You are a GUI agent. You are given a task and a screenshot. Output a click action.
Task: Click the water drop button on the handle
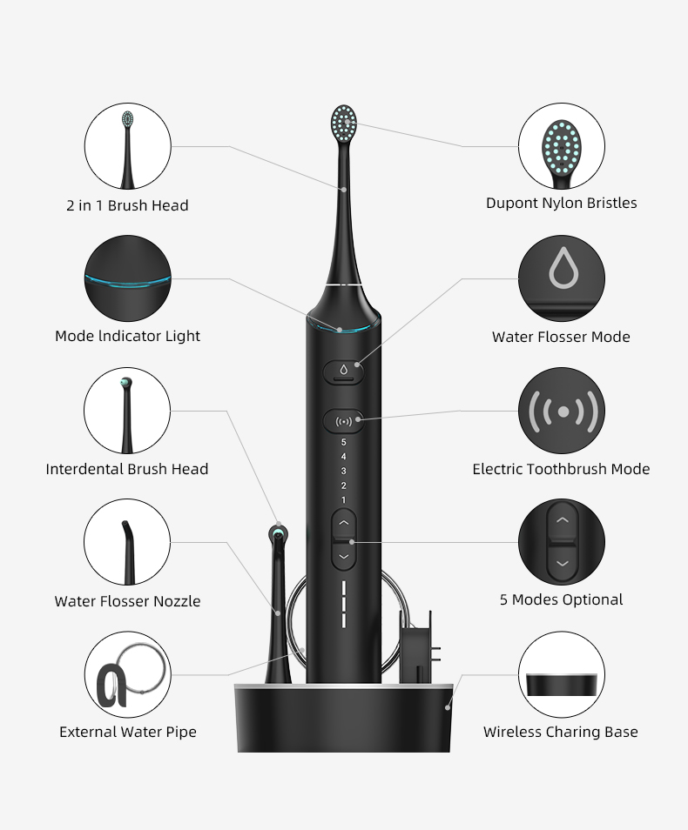pos(343,371)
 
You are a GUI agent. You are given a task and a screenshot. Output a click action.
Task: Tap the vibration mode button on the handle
pos(343,421)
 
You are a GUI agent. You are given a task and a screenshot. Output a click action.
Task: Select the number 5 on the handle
pos(343,442)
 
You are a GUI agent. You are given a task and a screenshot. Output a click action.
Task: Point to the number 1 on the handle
pos(343,499)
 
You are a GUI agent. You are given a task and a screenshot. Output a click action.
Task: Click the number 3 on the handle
pos(343,471)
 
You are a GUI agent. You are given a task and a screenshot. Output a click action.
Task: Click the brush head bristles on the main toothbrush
pos(343,124)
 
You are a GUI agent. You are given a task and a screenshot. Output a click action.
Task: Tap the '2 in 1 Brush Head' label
pos(127,205)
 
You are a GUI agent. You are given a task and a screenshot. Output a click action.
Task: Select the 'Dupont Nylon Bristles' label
pos(562,203)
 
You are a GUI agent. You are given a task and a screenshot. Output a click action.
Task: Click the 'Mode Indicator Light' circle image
pos(128,278)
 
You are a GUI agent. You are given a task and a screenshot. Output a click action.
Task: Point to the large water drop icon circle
pos(562,278)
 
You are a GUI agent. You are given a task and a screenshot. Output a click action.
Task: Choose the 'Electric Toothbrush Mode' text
pos(561,469)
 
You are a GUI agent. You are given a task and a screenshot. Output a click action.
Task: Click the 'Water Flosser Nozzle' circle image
pos(127,542)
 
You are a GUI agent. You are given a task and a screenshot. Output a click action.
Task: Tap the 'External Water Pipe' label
pos(128,732)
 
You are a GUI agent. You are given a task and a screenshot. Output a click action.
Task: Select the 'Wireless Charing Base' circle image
pos(562,674)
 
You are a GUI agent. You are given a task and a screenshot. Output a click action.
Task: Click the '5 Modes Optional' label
pos(562,599)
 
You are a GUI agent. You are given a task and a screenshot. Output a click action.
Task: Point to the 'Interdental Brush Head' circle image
pos(127,411)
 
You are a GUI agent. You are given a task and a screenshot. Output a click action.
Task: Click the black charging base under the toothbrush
pos(343,718)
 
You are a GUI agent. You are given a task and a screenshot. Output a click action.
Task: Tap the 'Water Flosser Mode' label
pos(561,337)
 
